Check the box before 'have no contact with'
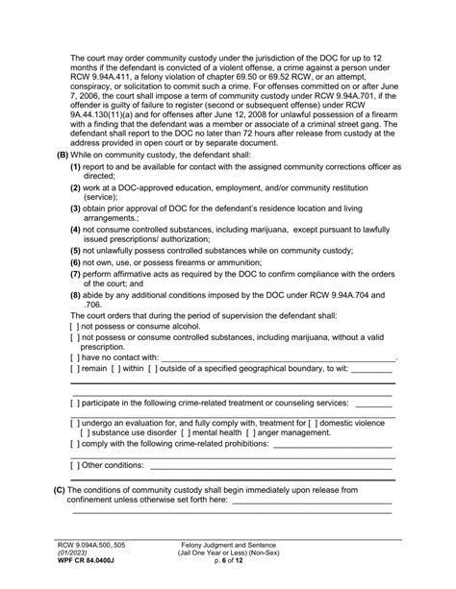tap(75, 356)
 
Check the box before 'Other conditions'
tap(75, 466)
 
